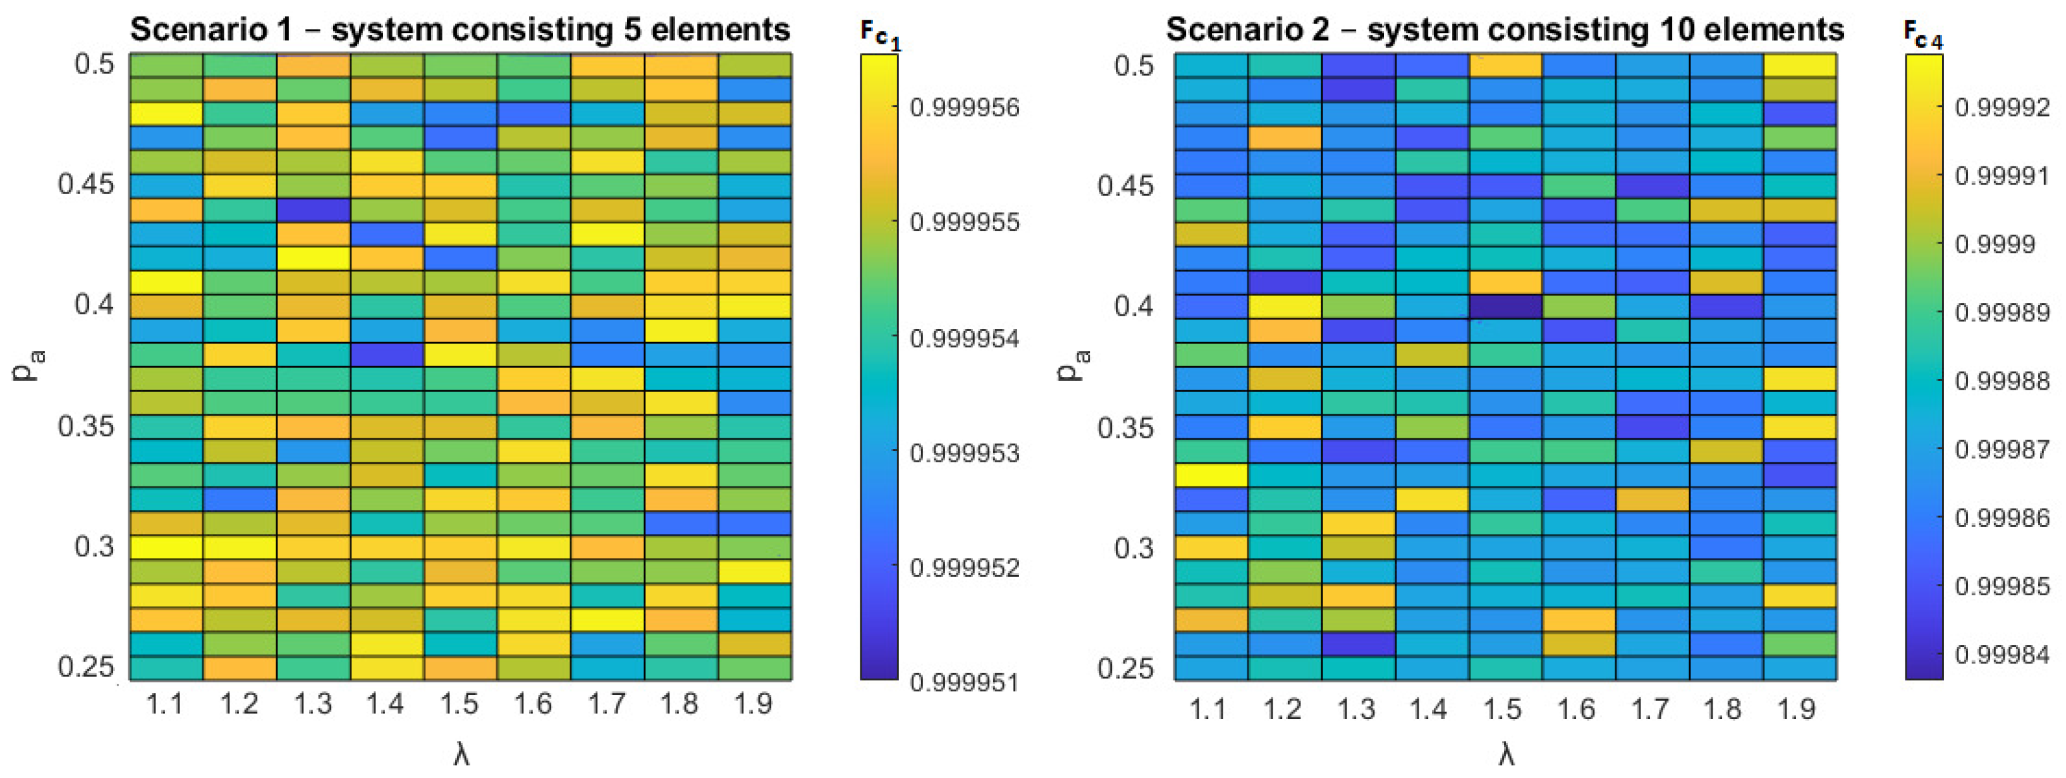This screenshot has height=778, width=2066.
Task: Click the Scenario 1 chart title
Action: [x=460, y=30]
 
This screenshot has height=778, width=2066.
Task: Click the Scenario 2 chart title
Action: [x=1505, y=30]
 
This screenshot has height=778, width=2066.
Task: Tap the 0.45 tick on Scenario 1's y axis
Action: [x=87, y=183]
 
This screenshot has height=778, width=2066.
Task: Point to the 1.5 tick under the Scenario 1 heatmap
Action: [x=460, y=704]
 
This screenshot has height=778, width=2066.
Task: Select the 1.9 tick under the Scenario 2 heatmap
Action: [x=1795, y=708]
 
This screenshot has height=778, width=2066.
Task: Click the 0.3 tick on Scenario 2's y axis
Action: [x=1134, y=548]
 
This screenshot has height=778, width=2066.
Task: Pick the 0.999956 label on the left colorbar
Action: [x=965, y=107]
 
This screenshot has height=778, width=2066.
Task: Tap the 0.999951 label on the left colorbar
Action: [x=965, y=682]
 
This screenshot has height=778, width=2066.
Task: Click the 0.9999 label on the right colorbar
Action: [x=1995, y=244]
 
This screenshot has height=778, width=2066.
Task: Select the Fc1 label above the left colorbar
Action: [x=880, y=34]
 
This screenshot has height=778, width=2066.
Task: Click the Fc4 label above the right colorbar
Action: [x=1923, y=34]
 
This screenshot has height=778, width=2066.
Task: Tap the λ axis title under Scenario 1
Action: [x=460, y=755]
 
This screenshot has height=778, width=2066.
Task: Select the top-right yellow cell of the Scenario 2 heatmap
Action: [x=1800, y=65]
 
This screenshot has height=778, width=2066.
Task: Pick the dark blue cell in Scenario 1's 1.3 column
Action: [x=314, y=210]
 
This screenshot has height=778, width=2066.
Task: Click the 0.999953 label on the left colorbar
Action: [x=965, y=453]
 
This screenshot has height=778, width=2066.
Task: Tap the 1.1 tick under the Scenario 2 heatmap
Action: [x=1208, y=708]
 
